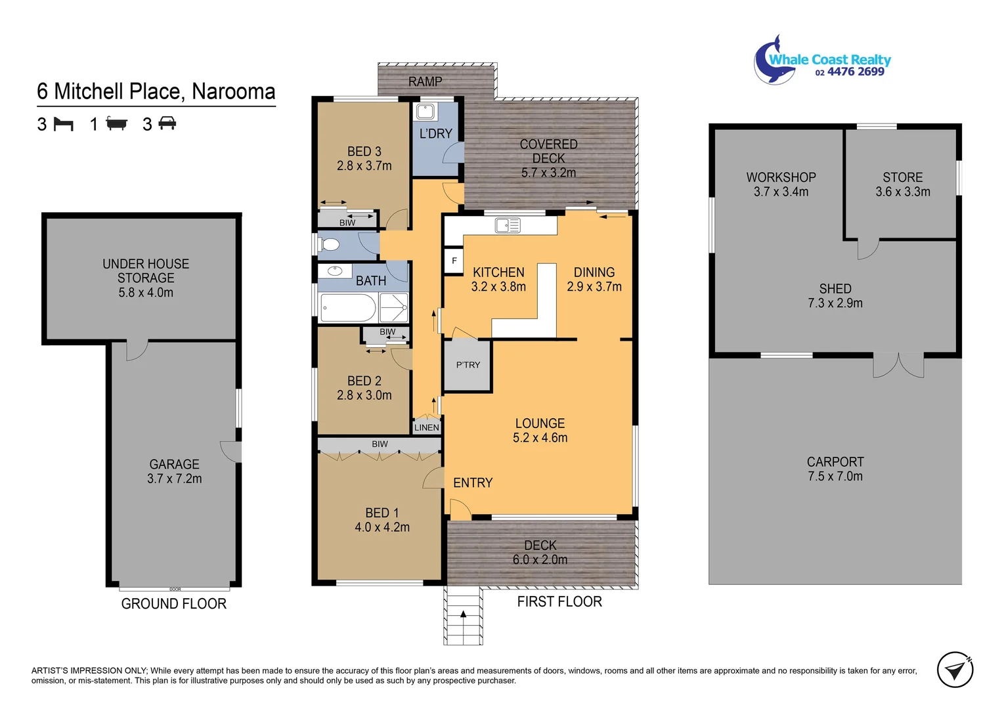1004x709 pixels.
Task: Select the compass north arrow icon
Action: (x=955, y=670)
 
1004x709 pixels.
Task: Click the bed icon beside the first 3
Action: (x=63, y=123)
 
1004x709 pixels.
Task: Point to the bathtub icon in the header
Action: (x=116, y=123)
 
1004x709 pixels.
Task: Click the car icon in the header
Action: (x=167, y=123)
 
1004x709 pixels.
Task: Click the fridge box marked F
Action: (x=454, y=261)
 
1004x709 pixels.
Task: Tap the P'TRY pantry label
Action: (x=468, y=365)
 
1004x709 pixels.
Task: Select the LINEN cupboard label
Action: (x=427, y=427)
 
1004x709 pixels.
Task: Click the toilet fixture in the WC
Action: (x=330, y=245)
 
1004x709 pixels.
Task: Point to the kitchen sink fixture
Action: (x=508, y=225)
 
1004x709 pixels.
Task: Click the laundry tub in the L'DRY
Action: (x=426, y=112)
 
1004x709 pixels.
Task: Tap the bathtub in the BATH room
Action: (x=347, y=308)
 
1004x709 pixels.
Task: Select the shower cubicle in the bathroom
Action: (x=394, y=307)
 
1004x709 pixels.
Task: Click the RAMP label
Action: (x=425, y=81)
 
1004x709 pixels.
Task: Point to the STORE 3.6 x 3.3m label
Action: (x=902, y=184)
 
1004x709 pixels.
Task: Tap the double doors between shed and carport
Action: (x=898, y=365)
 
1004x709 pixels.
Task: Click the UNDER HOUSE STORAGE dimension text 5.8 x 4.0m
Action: (x=146, y=293)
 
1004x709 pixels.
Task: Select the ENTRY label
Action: (x=473, y=483)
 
